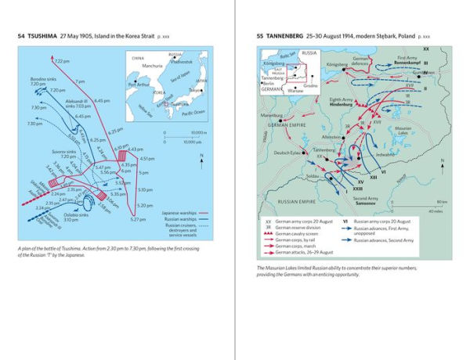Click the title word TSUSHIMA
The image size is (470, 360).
(x=42, y=37)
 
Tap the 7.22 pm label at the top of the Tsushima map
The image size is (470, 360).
(x=62, y=61)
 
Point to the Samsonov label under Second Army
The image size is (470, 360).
(x=368, y=203)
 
